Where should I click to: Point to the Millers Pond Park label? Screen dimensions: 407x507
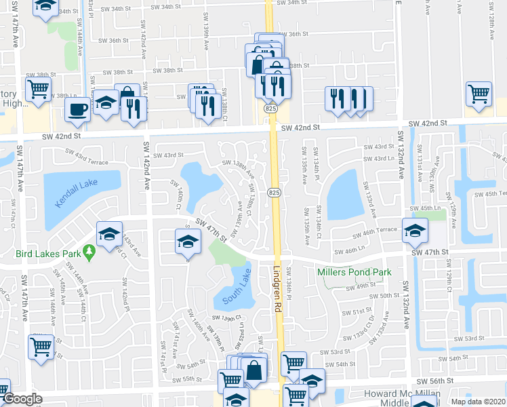coord(354,272)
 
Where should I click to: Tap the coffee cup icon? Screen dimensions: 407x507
coord(79,110)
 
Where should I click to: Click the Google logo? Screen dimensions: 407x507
coord(22,400)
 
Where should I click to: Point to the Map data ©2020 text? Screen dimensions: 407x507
coord(479,402)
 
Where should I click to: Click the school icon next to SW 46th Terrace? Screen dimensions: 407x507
coord(415,231)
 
